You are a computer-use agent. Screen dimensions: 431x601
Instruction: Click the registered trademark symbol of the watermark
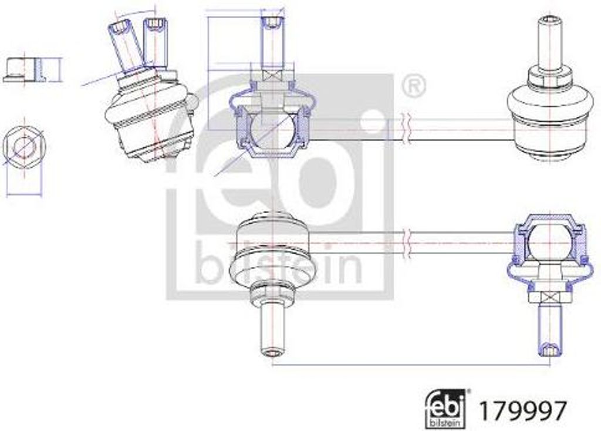414,86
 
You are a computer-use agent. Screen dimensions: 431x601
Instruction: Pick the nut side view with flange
24,70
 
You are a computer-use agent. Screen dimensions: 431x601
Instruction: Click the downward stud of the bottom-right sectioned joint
550,329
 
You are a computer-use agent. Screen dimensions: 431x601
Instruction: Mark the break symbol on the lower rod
405,242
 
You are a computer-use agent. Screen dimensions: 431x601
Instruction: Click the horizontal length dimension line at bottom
411,365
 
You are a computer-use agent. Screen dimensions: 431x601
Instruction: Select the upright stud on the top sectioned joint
272,41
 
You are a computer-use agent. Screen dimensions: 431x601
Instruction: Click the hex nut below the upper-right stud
550,76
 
